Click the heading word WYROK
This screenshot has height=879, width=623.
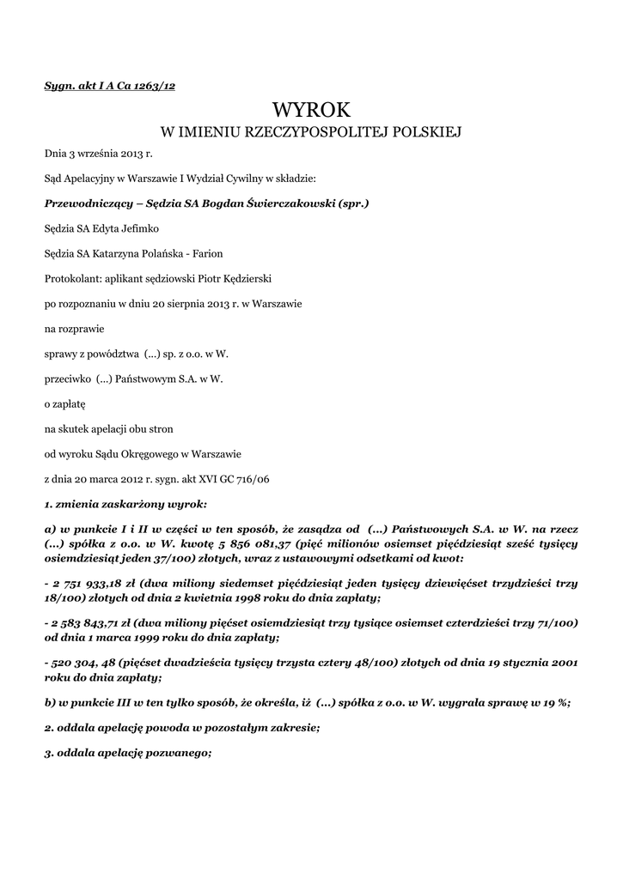[311, 109]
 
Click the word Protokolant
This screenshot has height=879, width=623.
[71, 279]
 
